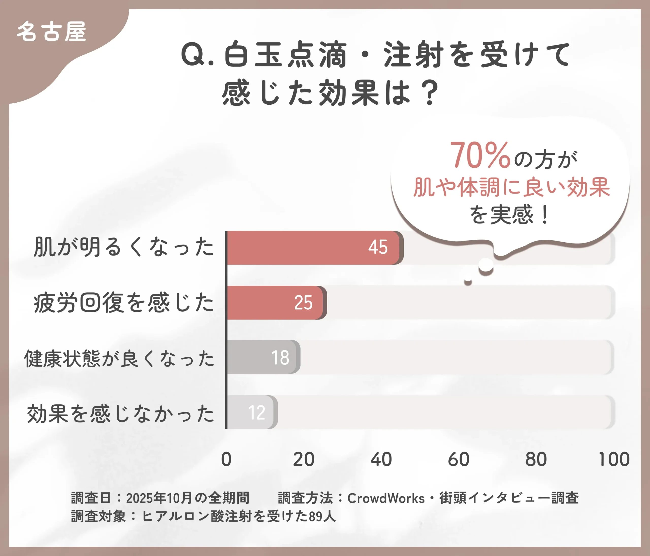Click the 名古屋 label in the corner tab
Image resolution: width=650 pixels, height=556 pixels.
[51, 32]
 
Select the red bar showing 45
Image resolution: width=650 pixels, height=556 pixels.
[314, 248]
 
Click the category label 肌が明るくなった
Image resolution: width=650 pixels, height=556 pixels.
[124, 247]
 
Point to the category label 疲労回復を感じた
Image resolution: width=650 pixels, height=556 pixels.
[124, 303]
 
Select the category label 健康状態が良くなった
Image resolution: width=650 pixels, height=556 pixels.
[119, 358]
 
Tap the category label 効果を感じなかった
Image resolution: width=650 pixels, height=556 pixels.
[121, 413]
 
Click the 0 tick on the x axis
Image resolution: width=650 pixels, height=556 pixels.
[226, 459]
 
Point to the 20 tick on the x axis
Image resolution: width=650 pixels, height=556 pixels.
[304, 459]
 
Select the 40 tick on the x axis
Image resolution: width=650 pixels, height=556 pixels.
[381, 459]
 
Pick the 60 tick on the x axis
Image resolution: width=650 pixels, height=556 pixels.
[459, 459]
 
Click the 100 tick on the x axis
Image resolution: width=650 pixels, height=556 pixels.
[614, 459]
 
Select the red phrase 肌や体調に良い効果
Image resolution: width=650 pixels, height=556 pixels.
[511, 187]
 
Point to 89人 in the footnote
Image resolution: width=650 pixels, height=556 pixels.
[322, 516]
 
